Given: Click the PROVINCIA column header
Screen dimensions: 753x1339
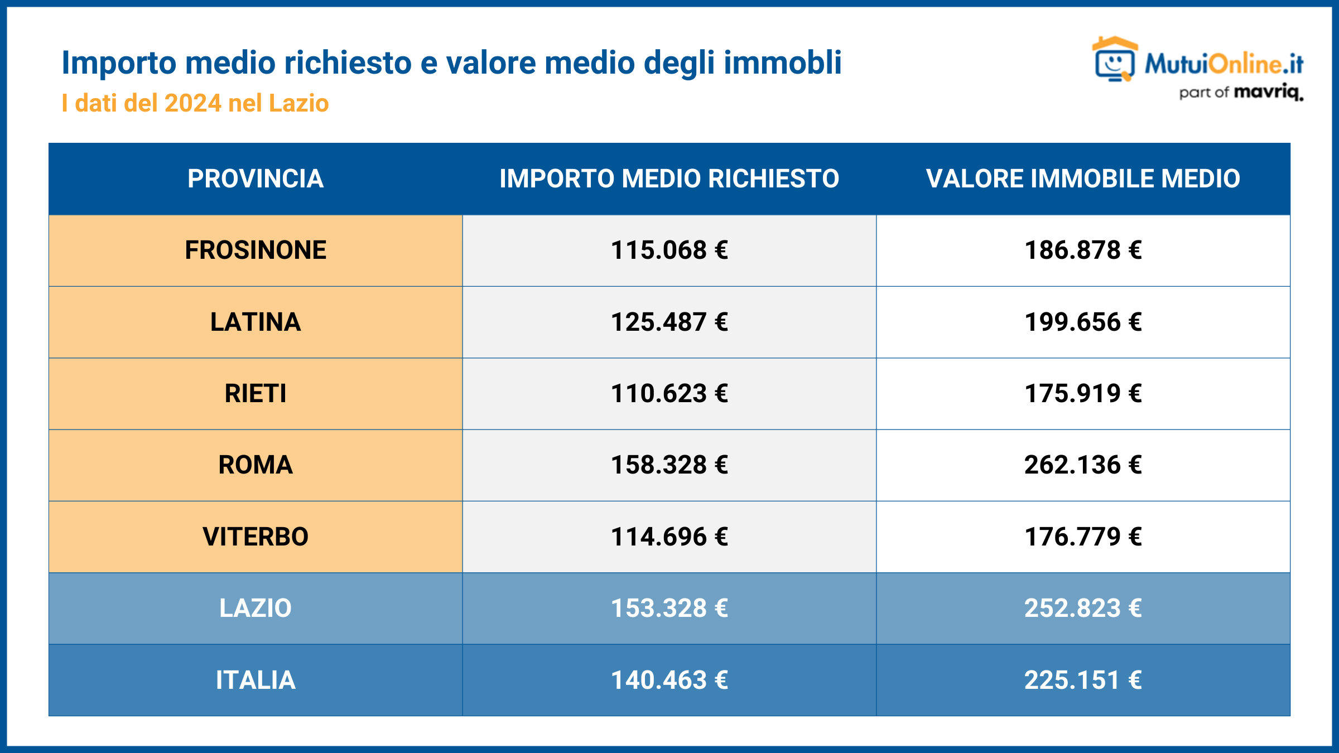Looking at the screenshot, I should pyautogui.click(x=256, y=179).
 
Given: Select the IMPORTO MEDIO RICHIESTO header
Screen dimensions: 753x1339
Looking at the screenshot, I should pyautogui.click(x=669, y=179).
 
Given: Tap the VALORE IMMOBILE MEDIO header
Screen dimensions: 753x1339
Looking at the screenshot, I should pyautogui.click(x=1083, y=179).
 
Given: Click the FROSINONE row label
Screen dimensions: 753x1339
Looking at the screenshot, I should pyautogui.click(x=256, y=250).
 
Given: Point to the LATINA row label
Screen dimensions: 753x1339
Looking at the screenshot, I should pyautogui.click(x=256, y=322).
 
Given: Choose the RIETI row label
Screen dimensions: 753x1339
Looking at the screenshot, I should pyautogui.click(x=256, y=394).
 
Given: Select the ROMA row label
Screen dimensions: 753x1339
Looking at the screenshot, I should pyautogui.click(x=256, y=465).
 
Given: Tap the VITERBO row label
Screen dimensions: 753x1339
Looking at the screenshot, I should pyautogui.click(x=256, y=537).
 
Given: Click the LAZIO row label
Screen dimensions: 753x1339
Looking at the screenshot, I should pyautogui.click(x=256, y=609).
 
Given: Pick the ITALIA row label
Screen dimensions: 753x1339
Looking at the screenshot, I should pyautogui.click(x=256, y=680).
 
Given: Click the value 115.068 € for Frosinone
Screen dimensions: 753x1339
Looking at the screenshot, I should pyautogui.click(x=669, y=250).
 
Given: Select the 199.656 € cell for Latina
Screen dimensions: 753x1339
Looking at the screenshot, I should pyautogui.click(x=1083, y=322).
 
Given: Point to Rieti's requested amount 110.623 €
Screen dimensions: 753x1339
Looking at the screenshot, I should pyautogui.click(x=669, y=394).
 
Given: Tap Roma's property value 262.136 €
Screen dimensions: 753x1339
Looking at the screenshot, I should pyautogui.click(x=1083, y=465).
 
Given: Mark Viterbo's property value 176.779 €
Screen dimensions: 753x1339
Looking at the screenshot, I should pyautogui.click(x=1083, y=537).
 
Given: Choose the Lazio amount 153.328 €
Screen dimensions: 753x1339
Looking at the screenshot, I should pyautogui.click(x=669, y=609).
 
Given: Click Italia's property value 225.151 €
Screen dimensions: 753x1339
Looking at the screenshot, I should pyautogui.click(x=1083, y=680).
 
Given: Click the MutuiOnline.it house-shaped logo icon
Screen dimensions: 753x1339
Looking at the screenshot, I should pyautogui.click(x=1115, y=60).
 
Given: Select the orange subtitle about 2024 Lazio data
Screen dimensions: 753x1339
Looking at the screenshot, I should pyautogui.click(x=195, y=104).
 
